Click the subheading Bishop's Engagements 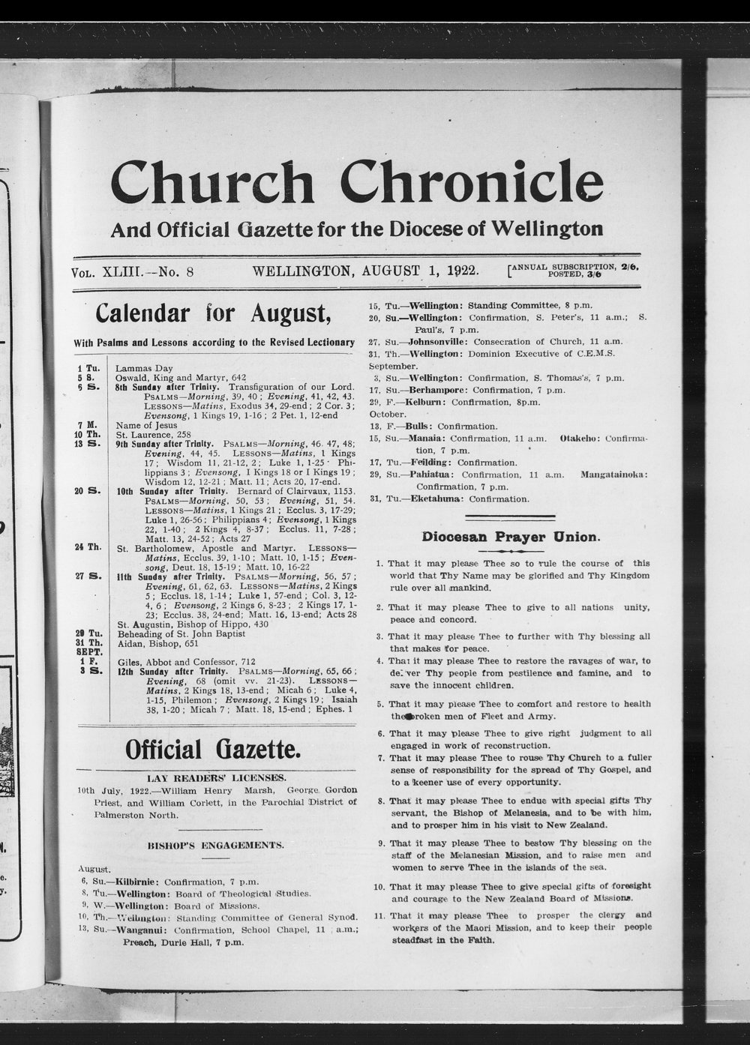215,845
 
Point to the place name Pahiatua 431,475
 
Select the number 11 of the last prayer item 379,915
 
